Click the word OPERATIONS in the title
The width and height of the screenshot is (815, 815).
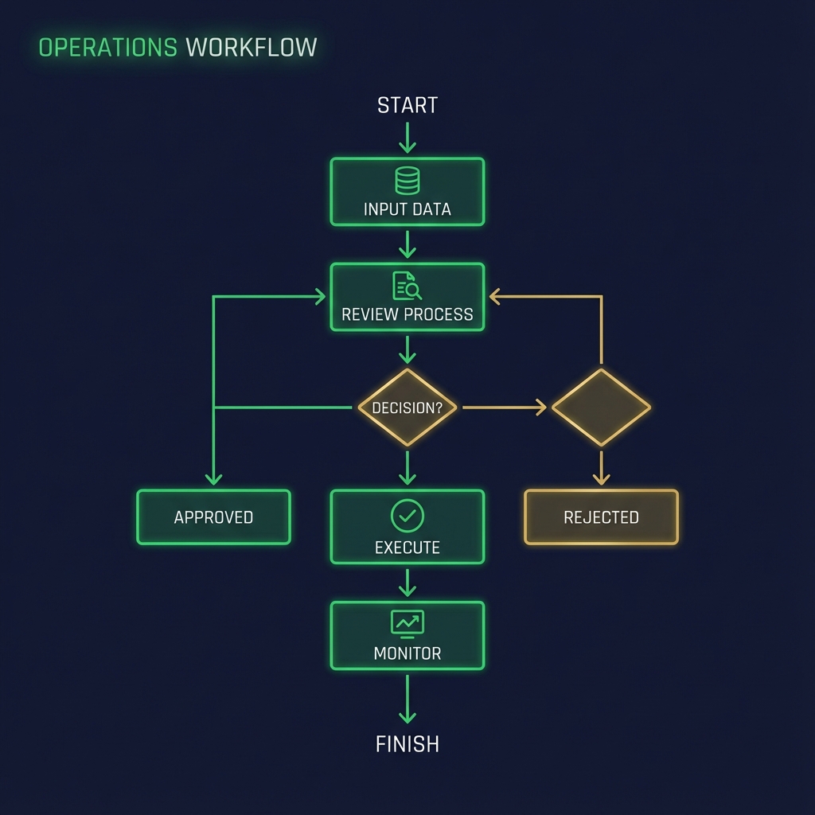tap(107, 47)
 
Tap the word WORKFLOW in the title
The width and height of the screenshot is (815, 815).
tap(252, 47)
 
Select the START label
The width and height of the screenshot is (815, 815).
tap(407, 105)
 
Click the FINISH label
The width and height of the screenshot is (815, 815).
tap(407, 744)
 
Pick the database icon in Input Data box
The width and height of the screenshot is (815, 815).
tap(407, 181)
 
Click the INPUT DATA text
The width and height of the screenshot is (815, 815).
tap(407, 209)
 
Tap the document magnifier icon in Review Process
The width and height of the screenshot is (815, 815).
tap(407, 286)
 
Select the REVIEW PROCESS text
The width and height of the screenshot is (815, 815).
tap(407, 314)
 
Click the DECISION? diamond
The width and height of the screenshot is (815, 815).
tap(407, 407)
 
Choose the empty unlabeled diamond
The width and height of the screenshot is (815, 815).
tap(602, 407)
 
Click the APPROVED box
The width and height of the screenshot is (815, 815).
tap(213, 517)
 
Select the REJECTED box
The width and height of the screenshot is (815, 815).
tap(602, 517)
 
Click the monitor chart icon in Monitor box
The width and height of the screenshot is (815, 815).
tap(407, 623)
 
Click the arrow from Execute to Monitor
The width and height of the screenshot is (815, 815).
tap(407, 583)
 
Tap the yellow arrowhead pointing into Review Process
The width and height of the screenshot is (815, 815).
tap(495, 297)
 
